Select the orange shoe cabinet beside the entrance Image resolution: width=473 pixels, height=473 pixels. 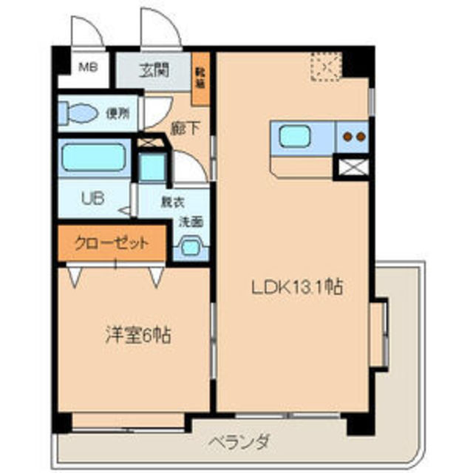[x=200, y=78]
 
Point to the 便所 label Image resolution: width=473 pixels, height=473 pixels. [x=118, y=114]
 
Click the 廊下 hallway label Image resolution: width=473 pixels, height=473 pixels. [x=185, y=126]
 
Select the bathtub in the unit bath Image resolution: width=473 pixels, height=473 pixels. [x=95, y=158]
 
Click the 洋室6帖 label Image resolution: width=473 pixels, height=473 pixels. [x=137, y=336]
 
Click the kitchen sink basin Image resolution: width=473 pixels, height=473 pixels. [x=294, y=137]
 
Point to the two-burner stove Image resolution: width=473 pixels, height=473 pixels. [x=353, y=137]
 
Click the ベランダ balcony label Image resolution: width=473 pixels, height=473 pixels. [x=238, y=443]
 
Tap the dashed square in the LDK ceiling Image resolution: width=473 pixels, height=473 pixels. [x=325, y=65]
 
